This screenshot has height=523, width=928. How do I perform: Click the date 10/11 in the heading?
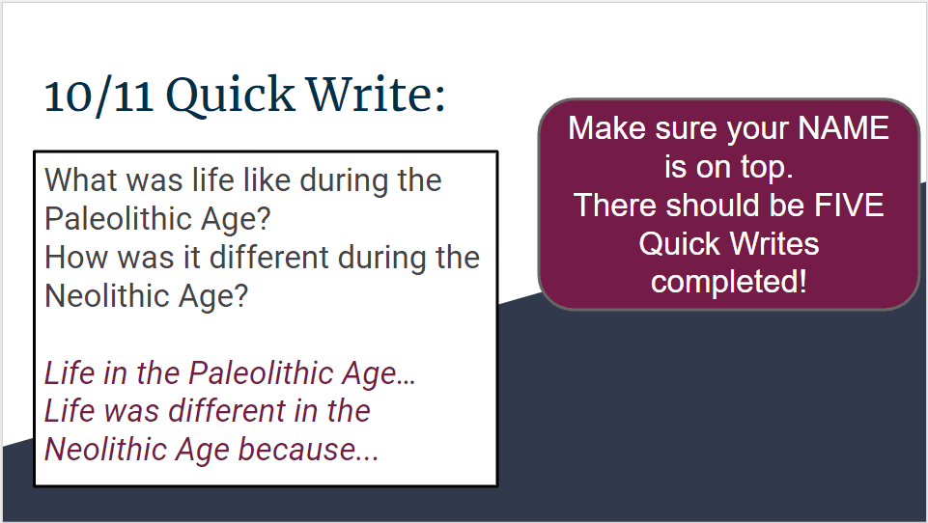[x=98, y=96]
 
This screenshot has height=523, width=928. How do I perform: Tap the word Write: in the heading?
[x=376, y=94]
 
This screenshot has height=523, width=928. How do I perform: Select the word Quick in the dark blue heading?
[x=230, y=96]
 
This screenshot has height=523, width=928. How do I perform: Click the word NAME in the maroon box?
[x=843, y=128]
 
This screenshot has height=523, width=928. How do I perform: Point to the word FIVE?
[x=849, y=206]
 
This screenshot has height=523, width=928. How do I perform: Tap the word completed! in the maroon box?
[x=728, y=282]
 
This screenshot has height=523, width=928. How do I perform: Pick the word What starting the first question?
[x=80, y=179]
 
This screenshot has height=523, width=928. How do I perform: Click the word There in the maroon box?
[x=614, y=206]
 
